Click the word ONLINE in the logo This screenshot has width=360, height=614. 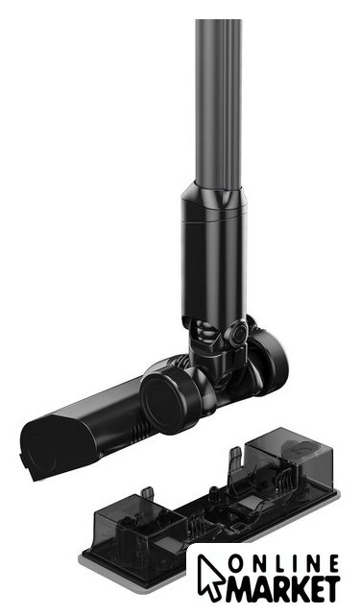(x=284, y=565)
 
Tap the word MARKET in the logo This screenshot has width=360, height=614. (x=282, y=588)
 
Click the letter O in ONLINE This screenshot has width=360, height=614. (x=237, y=565)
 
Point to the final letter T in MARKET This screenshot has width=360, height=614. (x=330, y=588)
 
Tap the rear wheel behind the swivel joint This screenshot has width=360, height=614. (x=268, y=361)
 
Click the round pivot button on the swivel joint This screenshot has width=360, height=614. (x=237, y=333)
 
